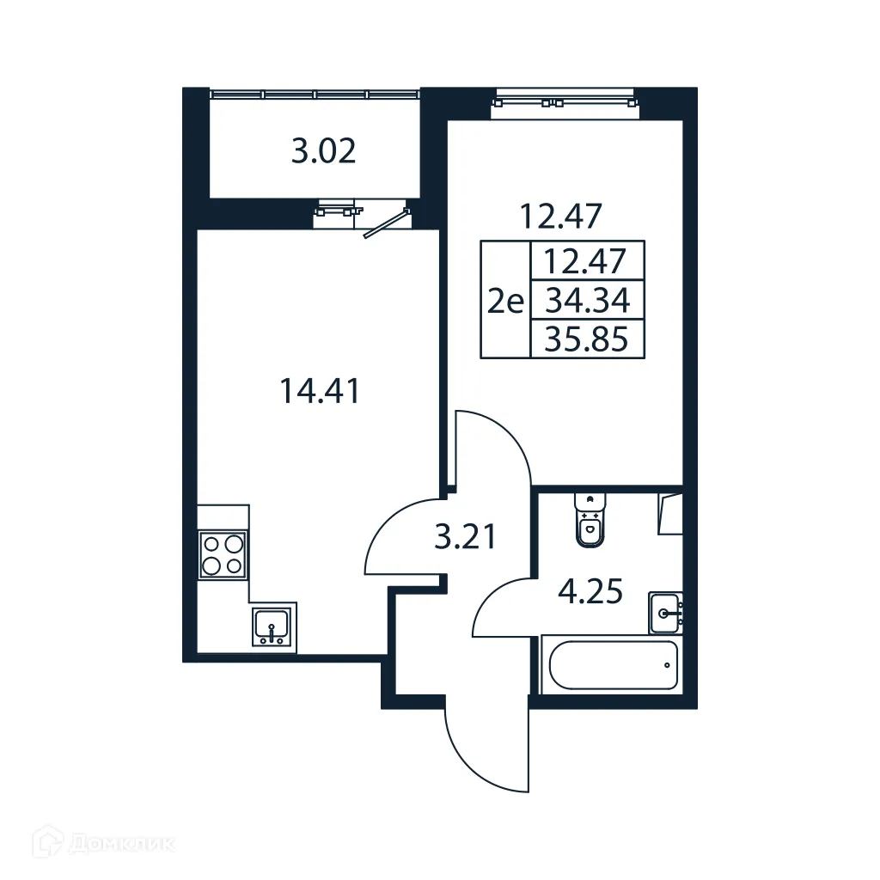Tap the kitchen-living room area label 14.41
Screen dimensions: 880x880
pyautogui.click(x=319, y=391)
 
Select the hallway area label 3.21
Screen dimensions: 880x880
pyautogui.click(x=465, y=538)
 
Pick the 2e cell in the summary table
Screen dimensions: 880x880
pyautogui.click(x=505, y=301)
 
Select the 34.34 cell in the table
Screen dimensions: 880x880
pyautogui.click(x=588, y=301)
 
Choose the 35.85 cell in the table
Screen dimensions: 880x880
pyautogui.click(x=588, y=340)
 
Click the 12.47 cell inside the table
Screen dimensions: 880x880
pyautogui.click(x=588, y=260)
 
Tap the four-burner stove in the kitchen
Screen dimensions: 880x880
pyautogui.click(x=223, y=554)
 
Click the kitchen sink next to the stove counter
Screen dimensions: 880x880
pyautogui.click(x=273, y=625)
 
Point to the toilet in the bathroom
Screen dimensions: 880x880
pyautogui.click(x=590, y=520)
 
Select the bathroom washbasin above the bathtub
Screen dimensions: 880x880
pyautogui.click(x=666, y=612)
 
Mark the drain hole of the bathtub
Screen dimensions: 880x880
pyautogui.click(x=668, y=664)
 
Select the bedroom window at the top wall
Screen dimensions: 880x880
pyautogui.click(x=565, y=101)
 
